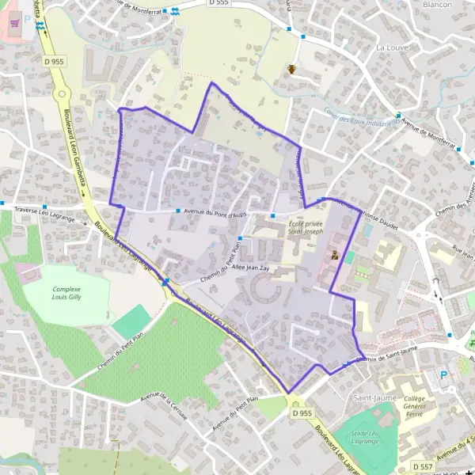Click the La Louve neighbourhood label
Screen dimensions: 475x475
391,47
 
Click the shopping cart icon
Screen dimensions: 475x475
14,24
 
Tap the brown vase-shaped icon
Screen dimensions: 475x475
293,70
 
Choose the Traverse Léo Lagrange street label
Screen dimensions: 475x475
44,215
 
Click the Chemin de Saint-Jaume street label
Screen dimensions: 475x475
386,358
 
